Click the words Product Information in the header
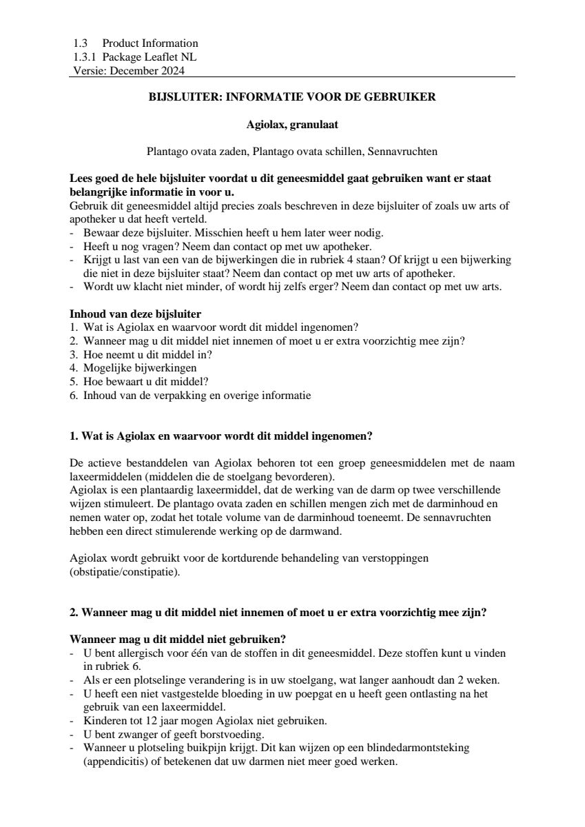[x=150, y=43]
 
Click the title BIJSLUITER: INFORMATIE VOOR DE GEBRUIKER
[x=292, y=97]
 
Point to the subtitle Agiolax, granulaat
[x=292, y=125]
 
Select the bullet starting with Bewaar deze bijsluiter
[x=233, y=233]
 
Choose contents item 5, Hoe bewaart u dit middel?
[x=145, y=381]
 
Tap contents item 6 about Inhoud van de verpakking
[x=196, y=395]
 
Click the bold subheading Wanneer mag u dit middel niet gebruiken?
[x=178, y=639]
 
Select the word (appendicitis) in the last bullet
[x=109, y=762]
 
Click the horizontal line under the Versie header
[x=292, y=76]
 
